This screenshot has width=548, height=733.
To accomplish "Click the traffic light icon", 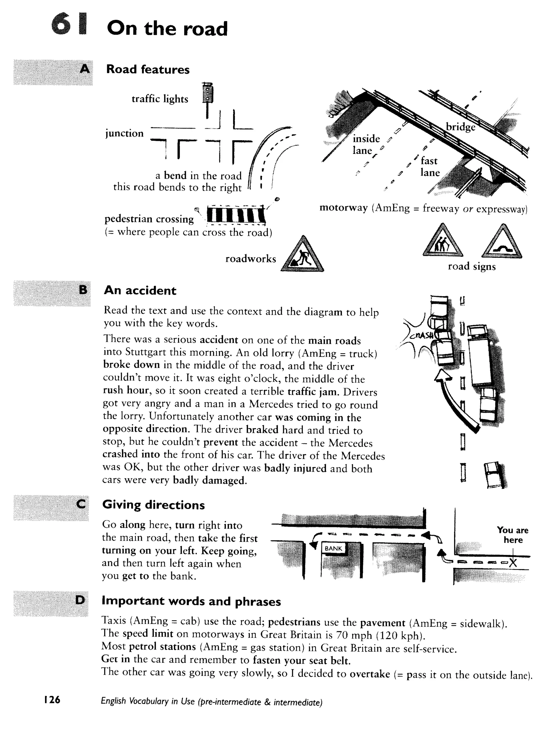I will click(x=208, y=94).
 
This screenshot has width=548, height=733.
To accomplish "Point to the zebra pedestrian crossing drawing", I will click(x=236, y=215).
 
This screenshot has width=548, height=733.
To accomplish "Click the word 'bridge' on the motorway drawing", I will click(x=460, y=127).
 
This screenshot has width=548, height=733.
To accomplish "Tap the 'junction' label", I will click(x=124, y=133).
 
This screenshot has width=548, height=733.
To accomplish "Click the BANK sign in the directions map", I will click(x=333, y=548).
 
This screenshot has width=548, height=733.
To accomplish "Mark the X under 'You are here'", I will click(x=513, y=562).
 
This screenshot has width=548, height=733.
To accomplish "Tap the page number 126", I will click(x=52, y=700).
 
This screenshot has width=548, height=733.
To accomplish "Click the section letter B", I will click(x=83, y=290).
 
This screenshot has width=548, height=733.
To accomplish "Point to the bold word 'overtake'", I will click(x=369, y=674).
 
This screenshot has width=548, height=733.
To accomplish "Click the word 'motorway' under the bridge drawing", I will click(x=344, y=208).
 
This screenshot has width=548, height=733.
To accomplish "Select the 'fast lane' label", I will click(x=430, y=166).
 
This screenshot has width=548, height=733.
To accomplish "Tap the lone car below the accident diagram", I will click(x=494, y=475).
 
